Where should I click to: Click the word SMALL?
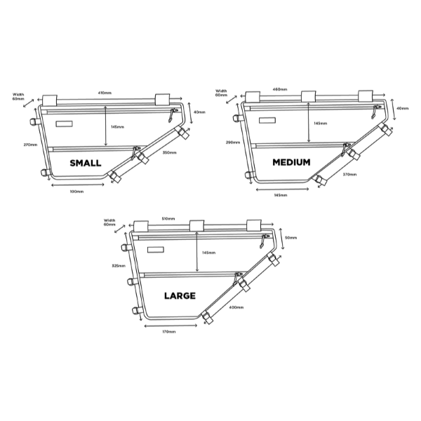(85, 163)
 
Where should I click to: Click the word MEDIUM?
(291, 162)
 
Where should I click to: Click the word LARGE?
(180, 295)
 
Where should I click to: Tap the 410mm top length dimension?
(105, 92)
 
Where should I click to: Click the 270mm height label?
(29, 145)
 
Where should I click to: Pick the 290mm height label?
(233, 142)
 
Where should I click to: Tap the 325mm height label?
(118, 266)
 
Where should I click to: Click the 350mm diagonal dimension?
(169, 152)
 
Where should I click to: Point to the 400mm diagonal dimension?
(236, 307)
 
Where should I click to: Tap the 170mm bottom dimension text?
(168, 332)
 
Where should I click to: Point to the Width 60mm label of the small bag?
(18, 96)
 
